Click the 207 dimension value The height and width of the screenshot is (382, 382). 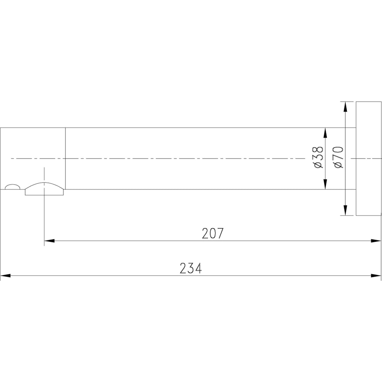click(212, 233)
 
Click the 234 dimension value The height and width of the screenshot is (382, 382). click(191, 268)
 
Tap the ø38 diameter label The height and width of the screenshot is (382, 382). click(319, 157)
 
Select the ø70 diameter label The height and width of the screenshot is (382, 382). click(338, 157)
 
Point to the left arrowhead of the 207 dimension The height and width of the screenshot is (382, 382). click(49, 241)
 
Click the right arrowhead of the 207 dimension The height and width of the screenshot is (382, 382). click(376, 241)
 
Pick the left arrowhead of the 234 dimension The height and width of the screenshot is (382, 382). click(6, 275)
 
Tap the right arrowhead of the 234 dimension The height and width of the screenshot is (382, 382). click(376, 275)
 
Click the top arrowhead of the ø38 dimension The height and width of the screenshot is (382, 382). click(325, 133)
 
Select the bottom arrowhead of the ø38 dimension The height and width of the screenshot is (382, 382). click(325, 184)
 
